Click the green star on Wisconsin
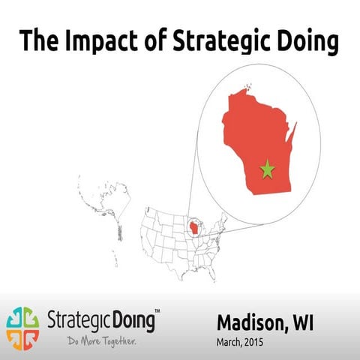point(267,169)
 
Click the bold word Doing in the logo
point(133,322)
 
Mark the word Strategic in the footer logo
point(78,322)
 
